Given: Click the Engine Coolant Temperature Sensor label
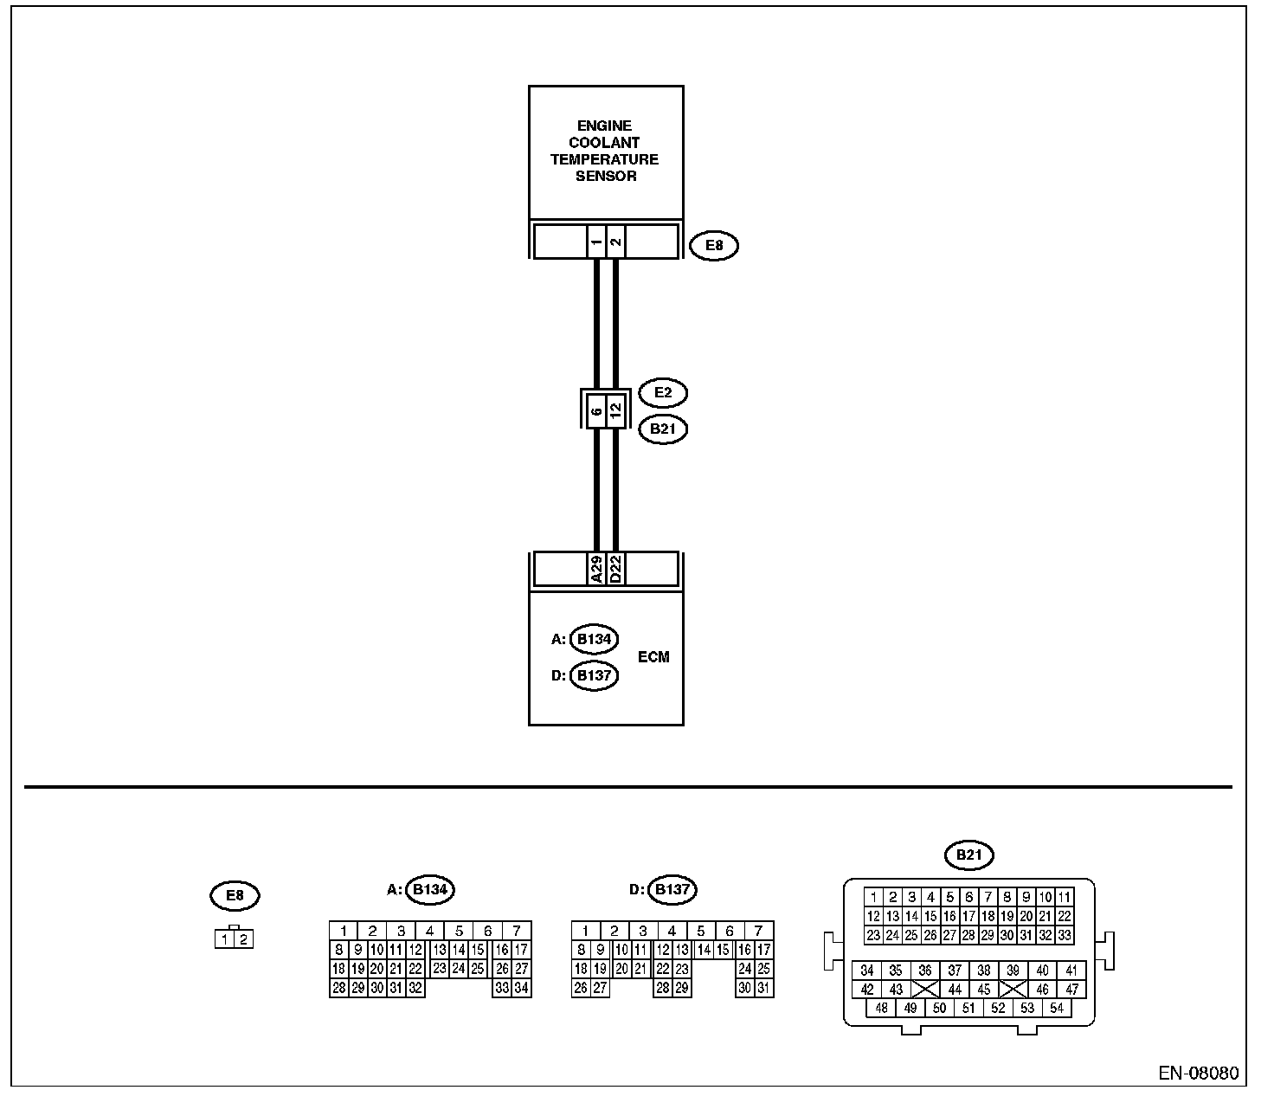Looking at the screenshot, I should click(605, 151).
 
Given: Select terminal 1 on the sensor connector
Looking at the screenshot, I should click(595, 242).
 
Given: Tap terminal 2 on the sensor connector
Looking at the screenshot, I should click(615, 242).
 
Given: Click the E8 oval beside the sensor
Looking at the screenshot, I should click(714, 246).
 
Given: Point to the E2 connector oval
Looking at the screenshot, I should click(662, 393).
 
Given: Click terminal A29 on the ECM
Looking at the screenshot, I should click(595, 569).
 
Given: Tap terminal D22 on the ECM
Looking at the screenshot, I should click(615, 569).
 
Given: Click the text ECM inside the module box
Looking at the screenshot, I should click(653, 657).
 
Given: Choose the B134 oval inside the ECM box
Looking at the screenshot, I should click(594, 640).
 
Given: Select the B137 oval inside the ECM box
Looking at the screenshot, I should click(594, 675).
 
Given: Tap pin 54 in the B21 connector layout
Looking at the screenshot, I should click(1056, 1008).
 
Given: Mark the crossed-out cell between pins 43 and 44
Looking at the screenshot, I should click(925, 990).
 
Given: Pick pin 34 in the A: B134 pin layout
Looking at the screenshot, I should click(521, 988).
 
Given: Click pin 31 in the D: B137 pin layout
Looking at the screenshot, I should click(763, 988).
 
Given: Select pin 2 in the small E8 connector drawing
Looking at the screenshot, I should click(244, 939).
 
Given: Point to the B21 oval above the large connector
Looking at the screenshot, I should click(969, 856).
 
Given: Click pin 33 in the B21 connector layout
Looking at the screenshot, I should click(1065, 935).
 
